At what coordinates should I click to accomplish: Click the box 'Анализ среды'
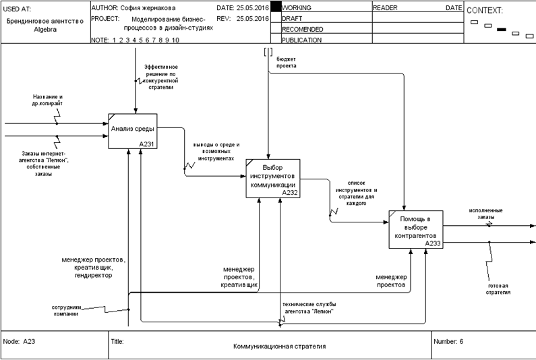133,130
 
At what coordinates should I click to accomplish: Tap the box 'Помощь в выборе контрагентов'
415,229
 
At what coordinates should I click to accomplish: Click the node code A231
147,144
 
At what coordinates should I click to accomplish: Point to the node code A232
290,193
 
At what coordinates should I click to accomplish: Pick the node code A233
433,243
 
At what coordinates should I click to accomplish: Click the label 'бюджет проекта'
286,62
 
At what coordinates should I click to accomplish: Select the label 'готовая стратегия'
500,289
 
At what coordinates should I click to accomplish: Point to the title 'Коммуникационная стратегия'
279,346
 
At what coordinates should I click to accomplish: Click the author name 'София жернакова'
144,7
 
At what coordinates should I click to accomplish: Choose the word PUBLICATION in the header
301,40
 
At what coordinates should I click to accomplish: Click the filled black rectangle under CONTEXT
501,30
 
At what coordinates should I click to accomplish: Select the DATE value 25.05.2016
253,7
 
